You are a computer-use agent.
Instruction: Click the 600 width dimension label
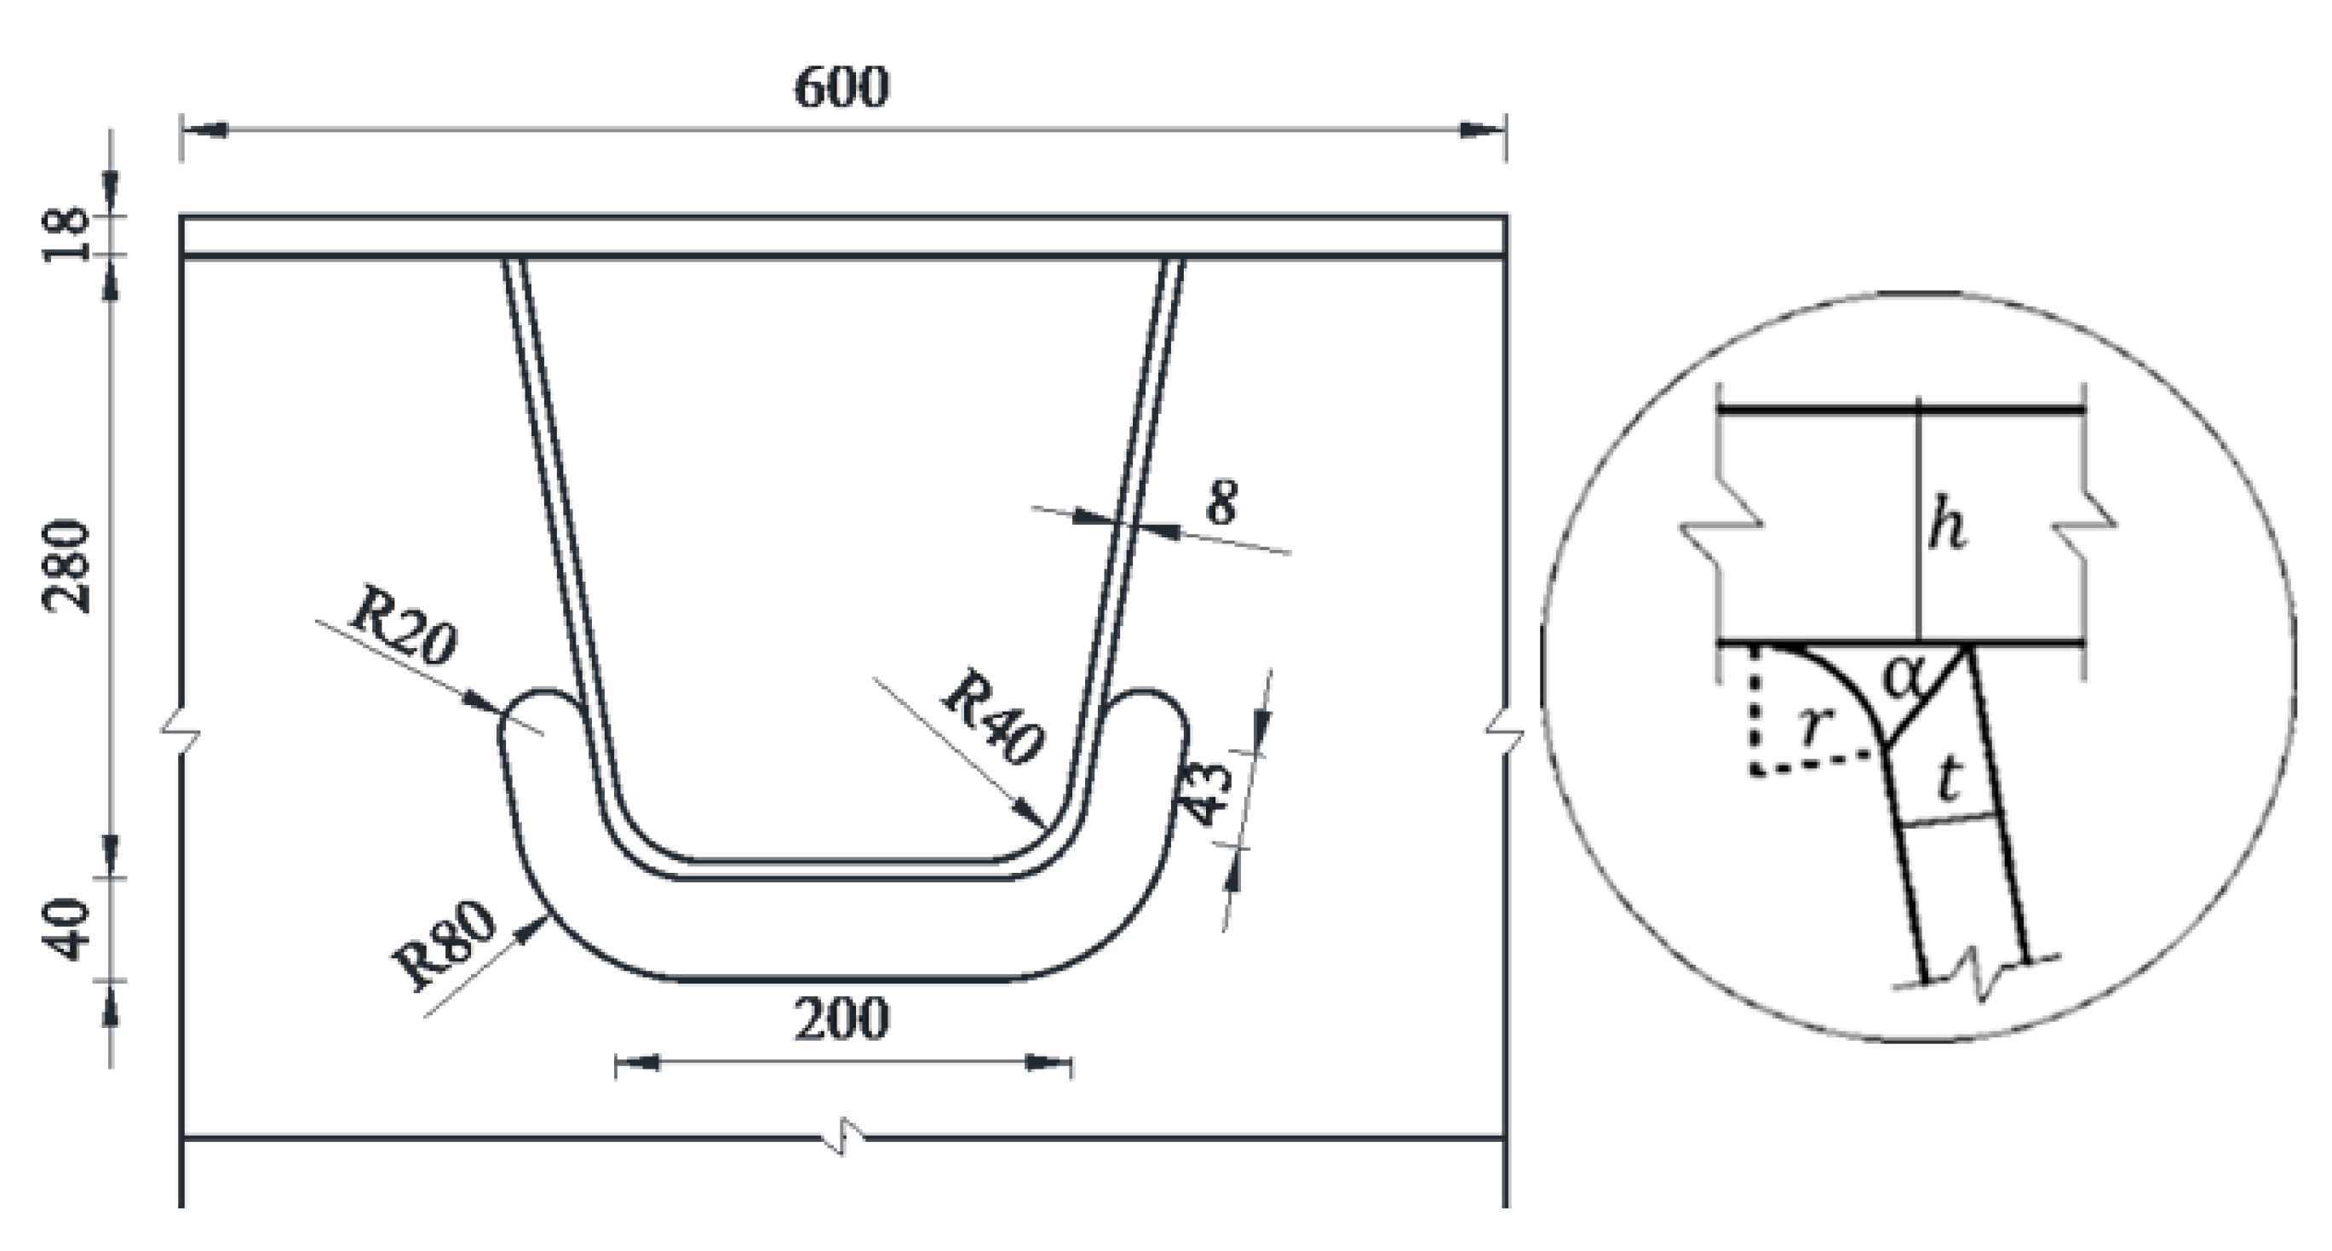point(841,89)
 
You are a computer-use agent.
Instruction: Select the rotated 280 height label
point(67,566)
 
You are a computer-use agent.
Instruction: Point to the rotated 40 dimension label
point(67,930)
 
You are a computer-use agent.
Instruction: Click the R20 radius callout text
point(403,627)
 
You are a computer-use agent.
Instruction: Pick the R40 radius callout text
point(992,717)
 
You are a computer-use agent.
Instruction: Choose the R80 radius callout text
point(445,946)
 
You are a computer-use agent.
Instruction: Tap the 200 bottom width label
point(841,1019)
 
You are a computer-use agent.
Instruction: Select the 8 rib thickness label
point(1221,503)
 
